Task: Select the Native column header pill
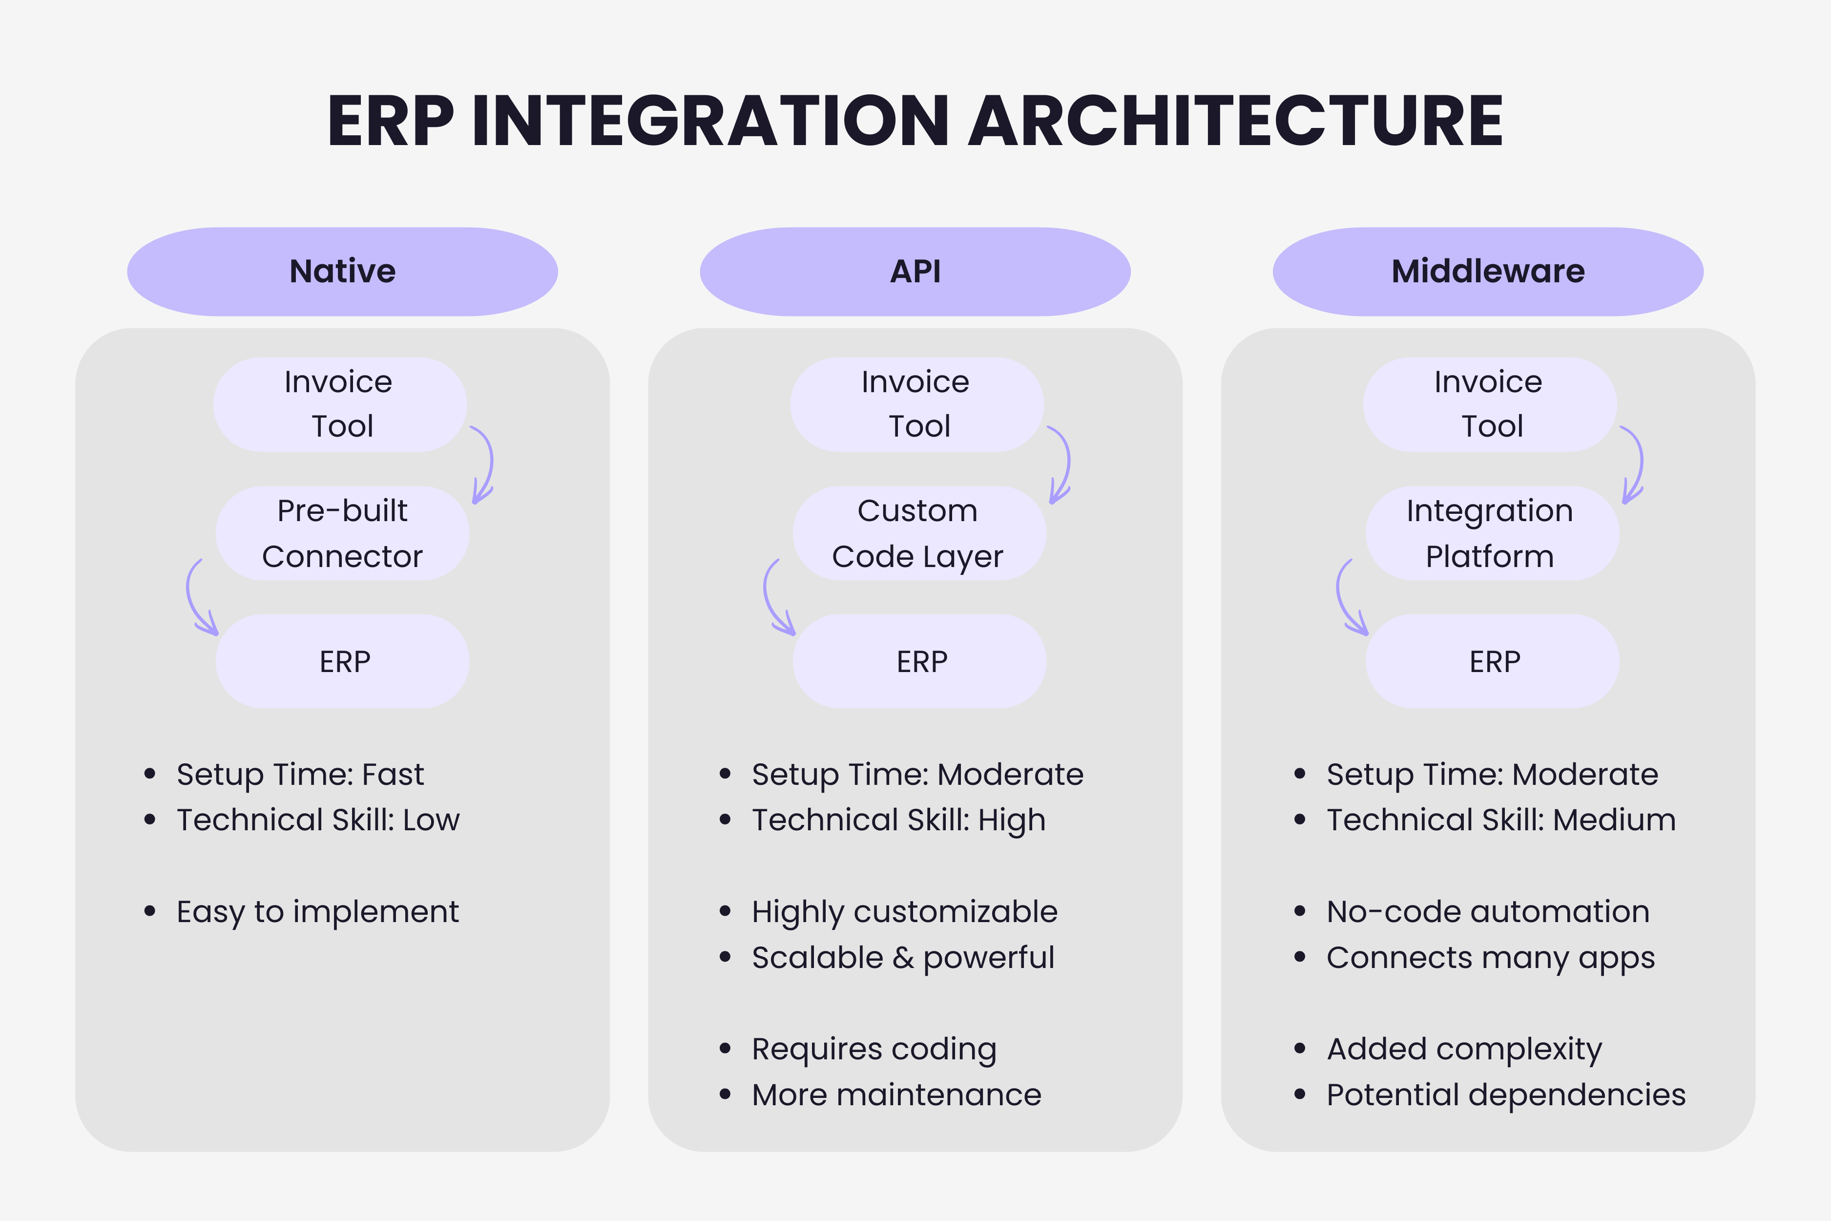click(x=343, y=272)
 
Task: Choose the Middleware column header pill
click(x=1488, y=272)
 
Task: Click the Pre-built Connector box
click(x=343, y=533)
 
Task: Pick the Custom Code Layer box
click(x=918, y=533)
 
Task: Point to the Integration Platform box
click(x=1491, y=533)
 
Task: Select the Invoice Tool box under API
click(x=916, y=404)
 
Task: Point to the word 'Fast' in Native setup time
click(x=393, y=774)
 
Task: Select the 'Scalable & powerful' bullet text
click(x=902, y=958)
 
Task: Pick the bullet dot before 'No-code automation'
click(x=1299, y=911)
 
